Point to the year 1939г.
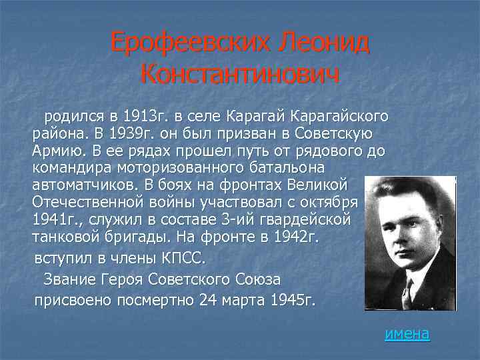click(x=116, y=135)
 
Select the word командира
click(x=69, y=169)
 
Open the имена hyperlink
click(x=407, y=333)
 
